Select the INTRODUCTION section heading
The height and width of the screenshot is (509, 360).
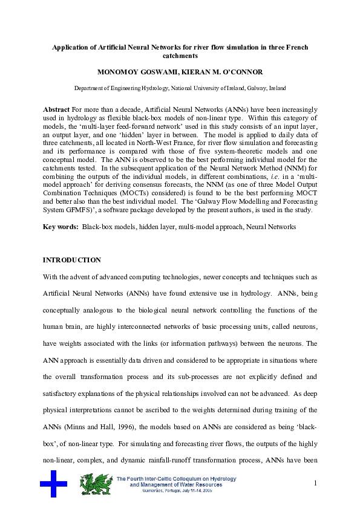pos(71,260)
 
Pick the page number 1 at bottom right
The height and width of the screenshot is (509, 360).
pos(315,483)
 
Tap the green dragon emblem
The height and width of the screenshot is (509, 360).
pos(95,484)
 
